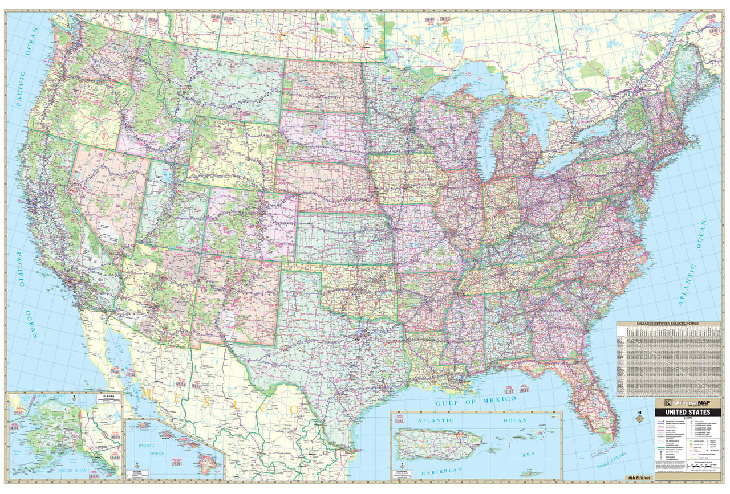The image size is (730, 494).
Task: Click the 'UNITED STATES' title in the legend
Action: pos(687,412)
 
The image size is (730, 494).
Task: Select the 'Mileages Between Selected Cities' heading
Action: pos(668,324)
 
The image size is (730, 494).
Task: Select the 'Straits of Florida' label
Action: pos(611,459)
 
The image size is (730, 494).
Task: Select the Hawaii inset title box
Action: pos(139,473)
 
